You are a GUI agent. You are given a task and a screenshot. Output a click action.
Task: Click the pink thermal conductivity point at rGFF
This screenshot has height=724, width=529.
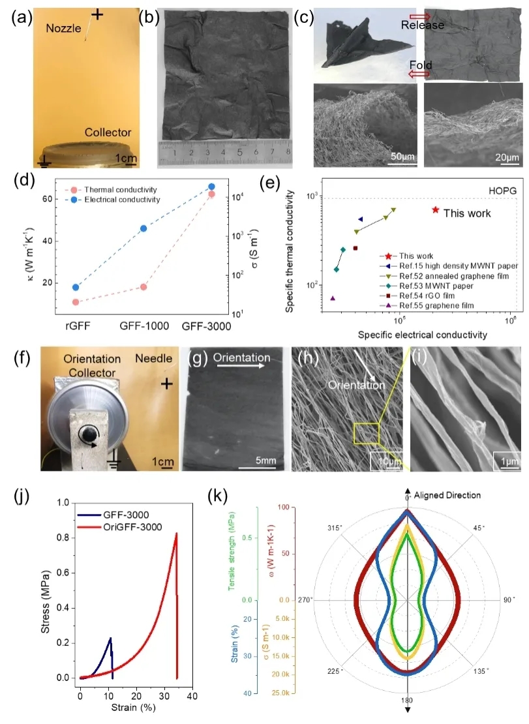(x=76, y=302)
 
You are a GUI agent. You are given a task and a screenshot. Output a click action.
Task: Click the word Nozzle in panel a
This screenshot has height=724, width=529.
(x=64, y=28)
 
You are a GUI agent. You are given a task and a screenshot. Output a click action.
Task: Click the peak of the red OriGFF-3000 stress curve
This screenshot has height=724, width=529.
(x=176, y=534)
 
